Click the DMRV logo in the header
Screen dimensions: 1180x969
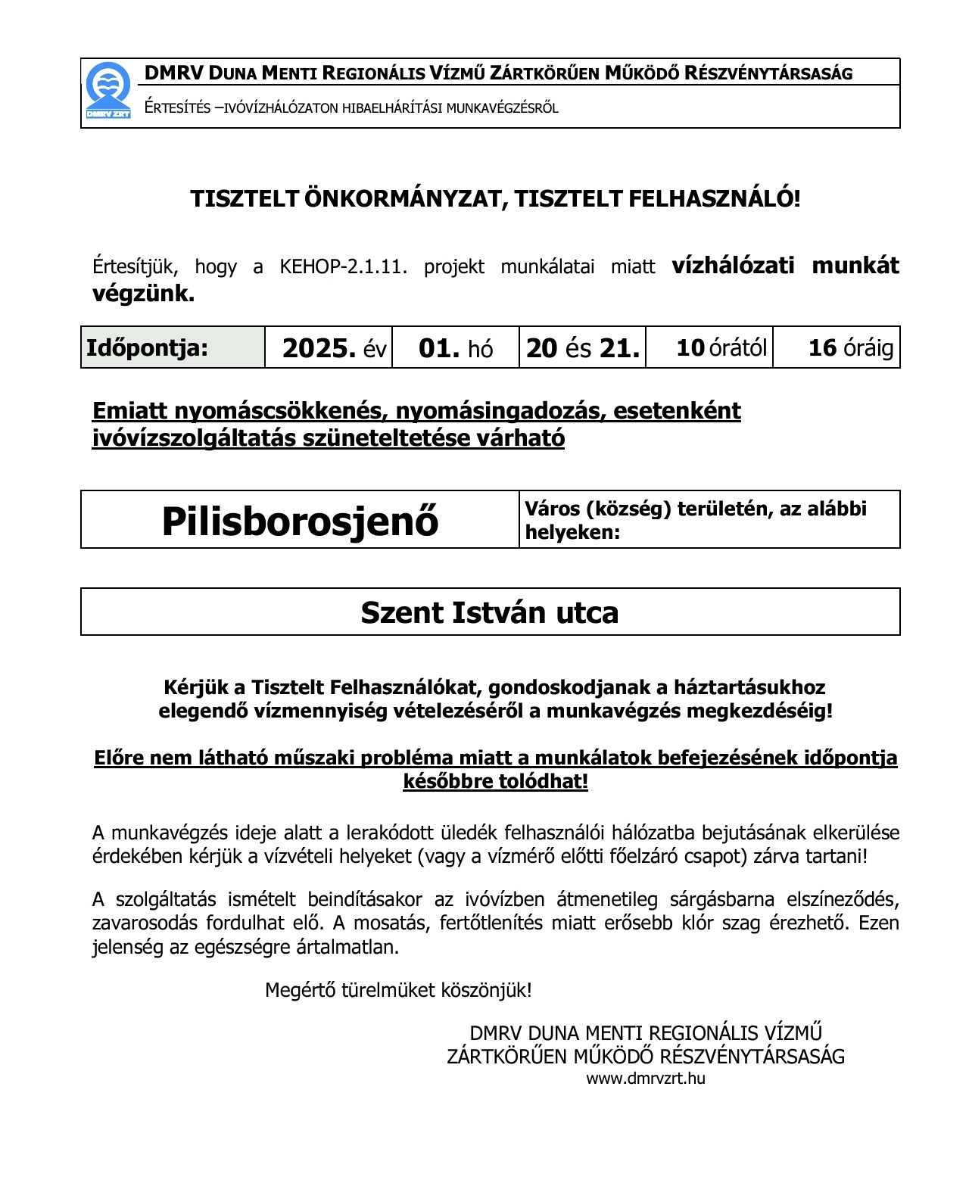[108, 91]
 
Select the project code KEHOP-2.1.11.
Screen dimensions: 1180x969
[343, 267]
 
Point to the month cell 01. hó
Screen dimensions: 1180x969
[455, 348]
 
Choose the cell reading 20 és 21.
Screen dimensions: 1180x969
[582, 348]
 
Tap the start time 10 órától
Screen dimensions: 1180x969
[721, 348]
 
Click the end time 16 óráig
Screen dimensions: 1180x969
[850, 348]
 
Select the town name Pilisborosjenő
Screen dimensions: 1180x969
[300, 521]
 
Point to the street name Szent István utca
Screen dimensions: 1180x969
[490, 612]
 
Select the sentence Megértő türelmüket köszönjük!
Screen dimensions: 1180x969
[398, 990]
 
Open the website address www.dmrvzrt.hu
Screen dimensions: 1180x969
[646, 1079]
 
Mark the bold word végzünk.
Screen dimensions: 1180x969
[143, 294]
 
